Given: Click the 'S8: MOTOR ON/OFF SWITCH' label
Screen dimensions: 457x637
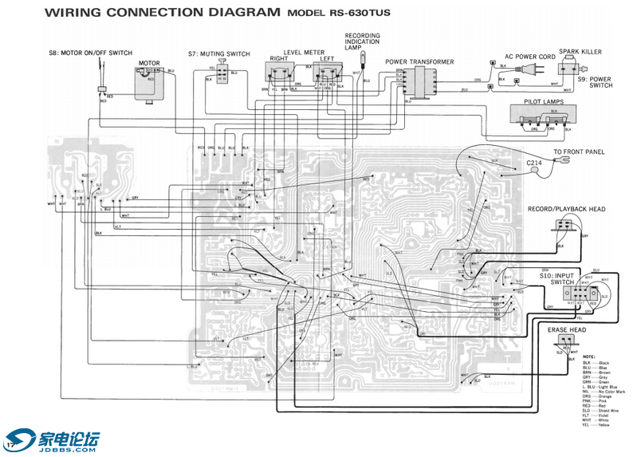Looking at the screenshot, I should (x=90, y=53).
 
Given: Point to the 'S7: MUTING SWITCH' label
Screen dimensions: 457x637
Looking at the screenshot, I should (x=219, y=54).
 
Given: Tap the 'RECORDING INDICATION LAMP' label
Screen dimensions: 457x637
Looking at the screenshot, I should (x=363, y=41).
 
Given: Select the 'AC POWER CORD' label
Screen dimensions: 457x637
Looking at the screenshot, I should (x=529, y=57).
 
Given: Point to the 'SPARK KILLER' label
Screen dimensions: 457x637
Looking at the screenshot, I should (x=580, y=52).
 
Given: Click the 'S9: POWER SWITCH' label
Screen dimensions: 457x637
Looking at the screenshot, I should (x=595, y=82).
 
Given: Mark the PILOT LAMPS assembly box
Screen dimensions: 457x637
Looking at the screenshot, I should (x=545, y=117).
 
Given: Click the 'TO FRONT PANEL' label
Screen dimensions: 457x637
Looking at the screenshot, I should (x=579, y=152).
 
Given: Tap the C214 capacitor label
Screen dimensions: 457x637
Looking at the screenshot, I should (x=533, y=163).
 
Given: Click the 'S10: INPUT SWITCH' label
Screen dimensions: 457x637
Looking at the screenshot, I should (x=556, y=278).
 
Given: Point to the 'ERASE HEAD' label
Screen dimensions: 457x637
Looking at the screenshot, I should (x=567, y=329).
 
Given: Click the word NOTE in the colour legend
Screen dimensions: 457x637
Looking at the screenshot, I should (x=589, y=357).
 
